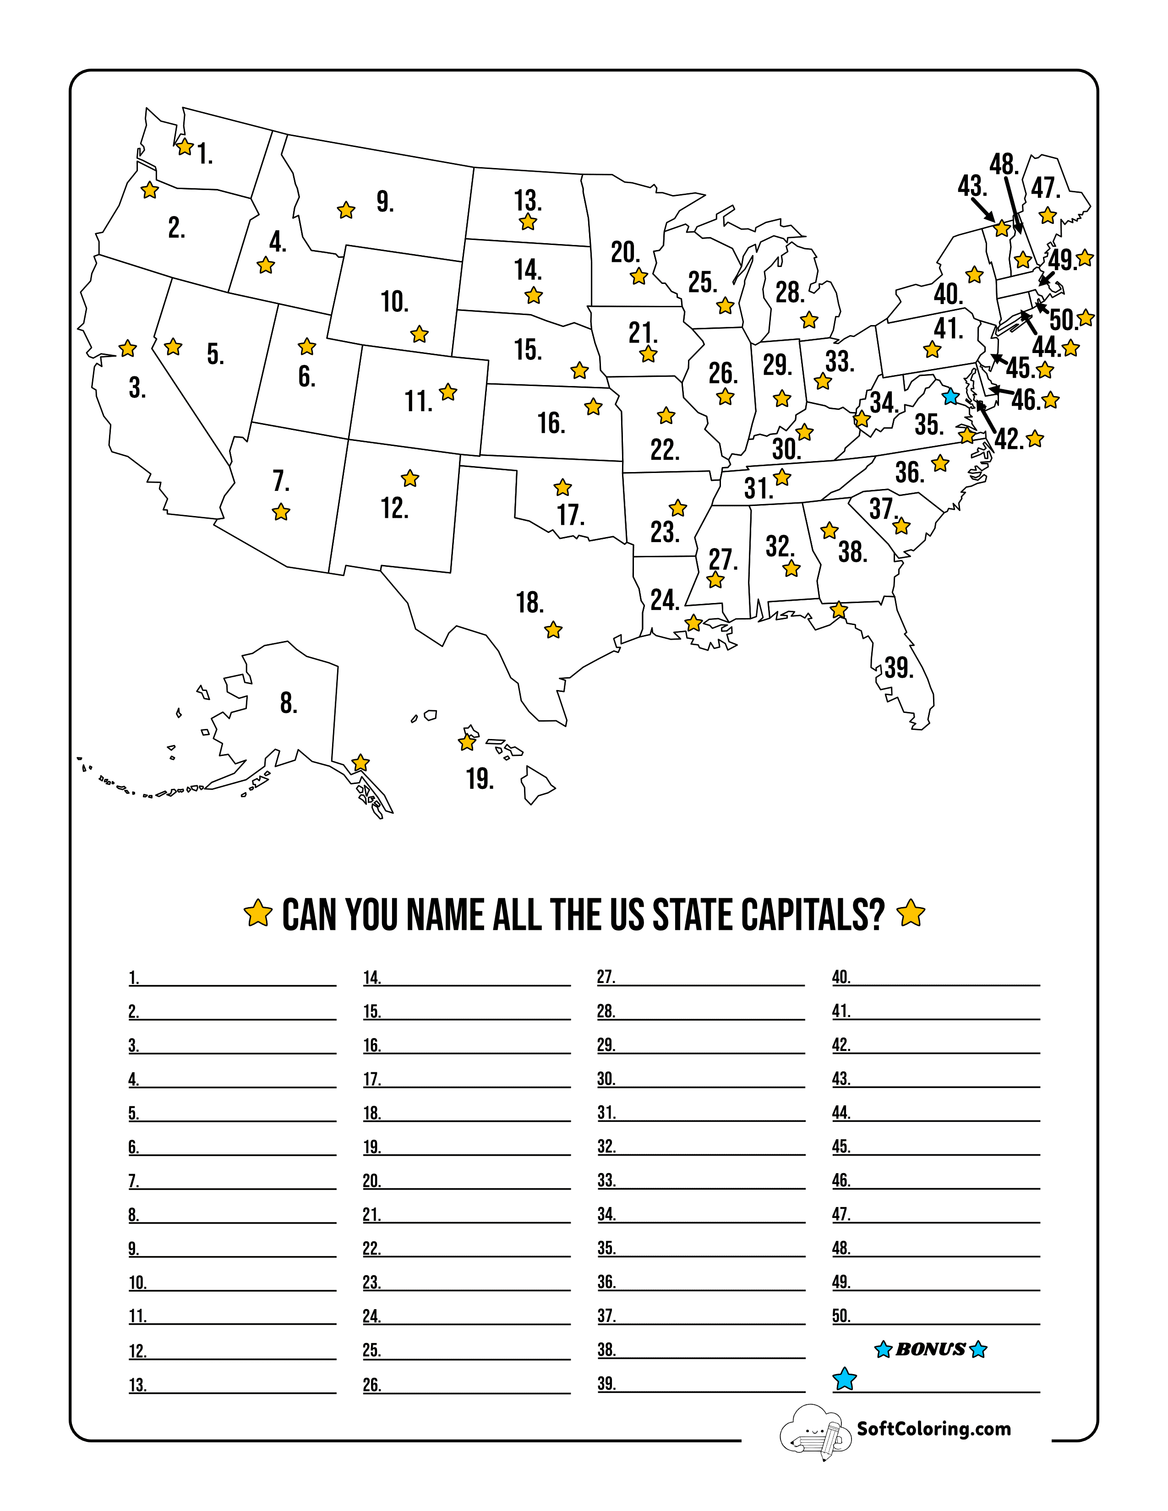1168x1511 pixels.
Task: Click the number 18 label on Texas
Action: pyautogui.click(x=529, y=603)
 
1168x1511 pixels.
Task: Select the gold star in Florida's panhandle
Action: pyautogui.click(x=839, y=609)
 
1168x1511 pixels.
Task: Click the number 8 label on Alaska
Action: pyautogui.click(x=289, y=703)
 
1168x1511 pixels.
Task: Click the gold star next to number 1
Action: pyautogui.click(x=185, y=147)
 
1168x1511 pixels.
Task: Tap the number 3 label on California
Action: pyautogui.click(x=137, y=388)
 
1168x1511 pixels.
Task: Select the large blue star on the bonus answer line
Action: pyautogui.click(x=844, y=1379)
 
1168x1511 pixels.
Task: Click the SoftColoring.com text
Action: pyautogui.click(x=933, y=1429)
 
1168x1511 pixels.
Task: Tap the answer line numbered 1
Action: pyautogui.click(x=239, y=979)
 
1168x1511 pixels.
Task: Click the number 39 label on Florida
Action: pyautogui.click(x=899, y=668)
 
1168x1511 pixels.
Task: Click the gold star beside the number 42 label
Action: pyautogui.click(x=1035, y=439)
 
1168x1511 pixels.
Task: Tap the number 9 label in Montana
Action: pyautogui.click(x=385, y=202)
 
